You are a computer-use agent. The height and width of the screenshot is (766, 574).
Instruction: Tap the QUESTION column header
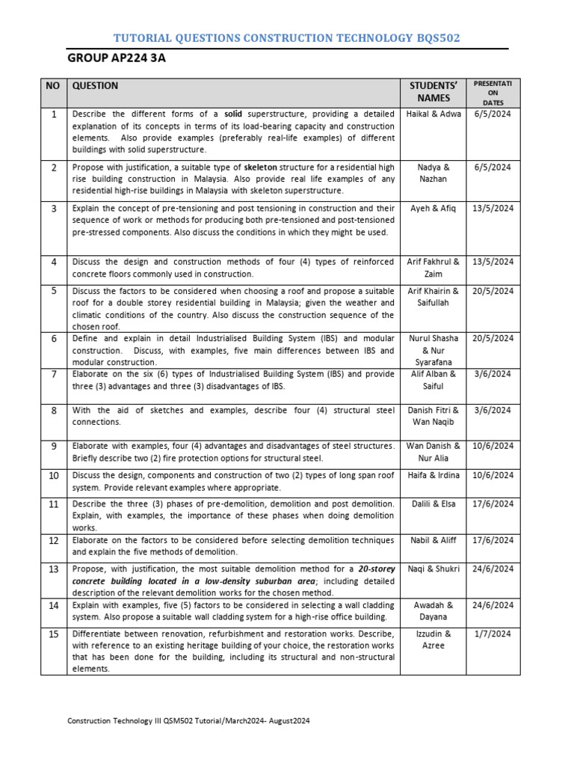pos(95,86)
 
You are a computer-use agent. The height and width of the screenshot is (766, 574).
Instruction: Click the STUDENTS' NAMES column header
pos(433,92)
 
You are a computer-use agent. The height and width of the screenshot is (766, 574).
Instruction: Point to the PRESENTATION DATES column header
pos(492,92)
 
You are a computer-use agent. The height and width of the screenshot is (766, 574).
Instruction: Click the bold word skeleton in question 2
pos(261,168)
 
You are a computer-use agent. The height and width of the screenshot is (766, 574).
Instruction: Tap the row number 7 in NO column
pos(53,374)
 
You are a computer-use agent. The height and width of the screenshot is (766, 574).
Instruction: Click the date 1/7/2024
pos(493,634)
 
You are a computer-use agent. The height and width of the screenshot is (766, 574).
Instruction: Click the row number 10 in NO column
pos(53,476)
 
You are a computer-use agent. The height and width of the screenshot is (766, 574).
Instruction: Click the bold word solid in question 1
pos(235,114)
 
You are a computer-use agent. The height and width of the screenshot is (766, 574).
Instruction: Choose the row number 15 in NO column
pos(53,634)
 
